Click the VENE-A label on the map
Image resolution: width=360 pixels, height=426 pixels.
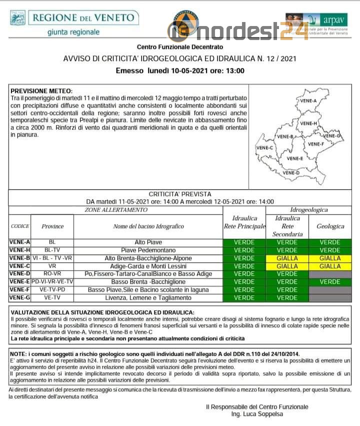click(308, 101)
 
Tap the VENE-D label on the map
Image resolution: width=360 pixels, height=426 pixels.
click(291, 173)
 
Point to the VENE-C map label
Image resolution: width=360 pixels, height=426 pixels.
click(264, 148)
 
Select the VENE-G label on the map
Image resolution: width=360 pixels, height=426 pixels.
click(332, 136)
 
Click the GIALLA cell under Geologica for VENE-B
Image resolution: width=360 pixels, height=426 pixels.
click(330, 258)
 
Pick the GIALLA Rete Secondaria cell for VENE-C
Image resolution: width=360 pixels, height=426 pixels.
click(287, 266)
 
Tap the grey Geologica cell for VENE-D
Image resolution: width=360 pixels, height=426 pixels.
click(330, 274)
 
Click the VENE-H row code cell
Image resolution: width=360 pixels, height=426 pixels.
click(19, 250)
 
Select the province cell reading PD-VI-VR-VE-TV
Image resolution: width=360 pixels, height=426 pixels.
click(52, 282)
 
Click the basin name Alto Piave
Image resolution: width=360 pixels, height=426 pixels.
click(148, 242)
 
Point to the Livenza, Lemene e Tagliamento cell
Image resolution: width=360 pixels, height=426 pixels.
click(148, 298)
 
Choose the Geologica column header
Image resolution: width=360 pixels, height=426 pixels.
click(330, 226)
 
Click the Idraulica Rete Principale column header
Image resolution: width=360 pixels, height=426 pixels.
click(244, 222)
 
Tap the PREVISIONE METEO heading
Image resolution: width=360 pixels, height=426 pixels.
click(41, 91)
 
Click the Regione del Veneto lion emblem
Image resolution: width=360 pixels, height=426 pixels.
click(18, 19)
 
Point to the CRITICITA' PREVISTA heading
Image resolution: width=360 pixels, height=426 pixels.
click(180, 194)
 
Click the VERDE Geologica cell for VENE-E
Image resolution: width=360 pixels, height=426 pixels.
click(330, 282)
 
